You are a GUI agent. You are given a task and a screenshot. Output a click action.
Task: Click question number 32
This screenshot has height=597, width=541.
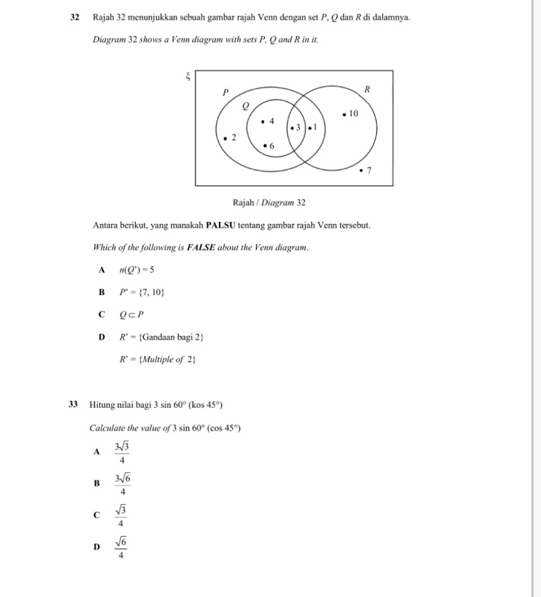click(x=75, y=16)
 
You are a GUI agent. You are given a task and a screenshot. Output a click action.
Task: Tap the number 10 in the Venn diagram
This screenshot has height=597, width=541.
click(x=353, y=113)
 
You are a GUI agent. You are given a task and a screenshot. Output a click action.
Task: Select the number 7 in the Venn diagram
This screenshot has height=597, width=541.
click(x=369, y=171)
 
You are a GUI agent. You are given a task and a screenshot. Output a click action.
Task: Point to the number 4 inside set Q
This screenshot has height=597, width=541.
click(x=272, y=120)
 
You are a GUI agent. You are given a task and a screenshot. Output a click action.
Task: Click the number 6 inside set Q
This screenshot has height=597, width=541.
click(x=272, y=146)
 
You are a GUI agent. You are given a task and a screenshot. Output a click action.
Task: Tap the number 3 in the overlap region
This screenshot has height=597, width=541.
click(x=298, y=128)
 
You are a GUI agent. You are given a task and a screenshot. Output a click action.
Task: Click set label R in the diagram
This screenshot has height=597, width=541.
click(x=367, y=89)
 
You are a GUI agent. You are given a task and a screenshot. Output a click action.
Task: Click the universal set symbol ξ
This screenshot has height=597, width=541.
click(x=188, y=75)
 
